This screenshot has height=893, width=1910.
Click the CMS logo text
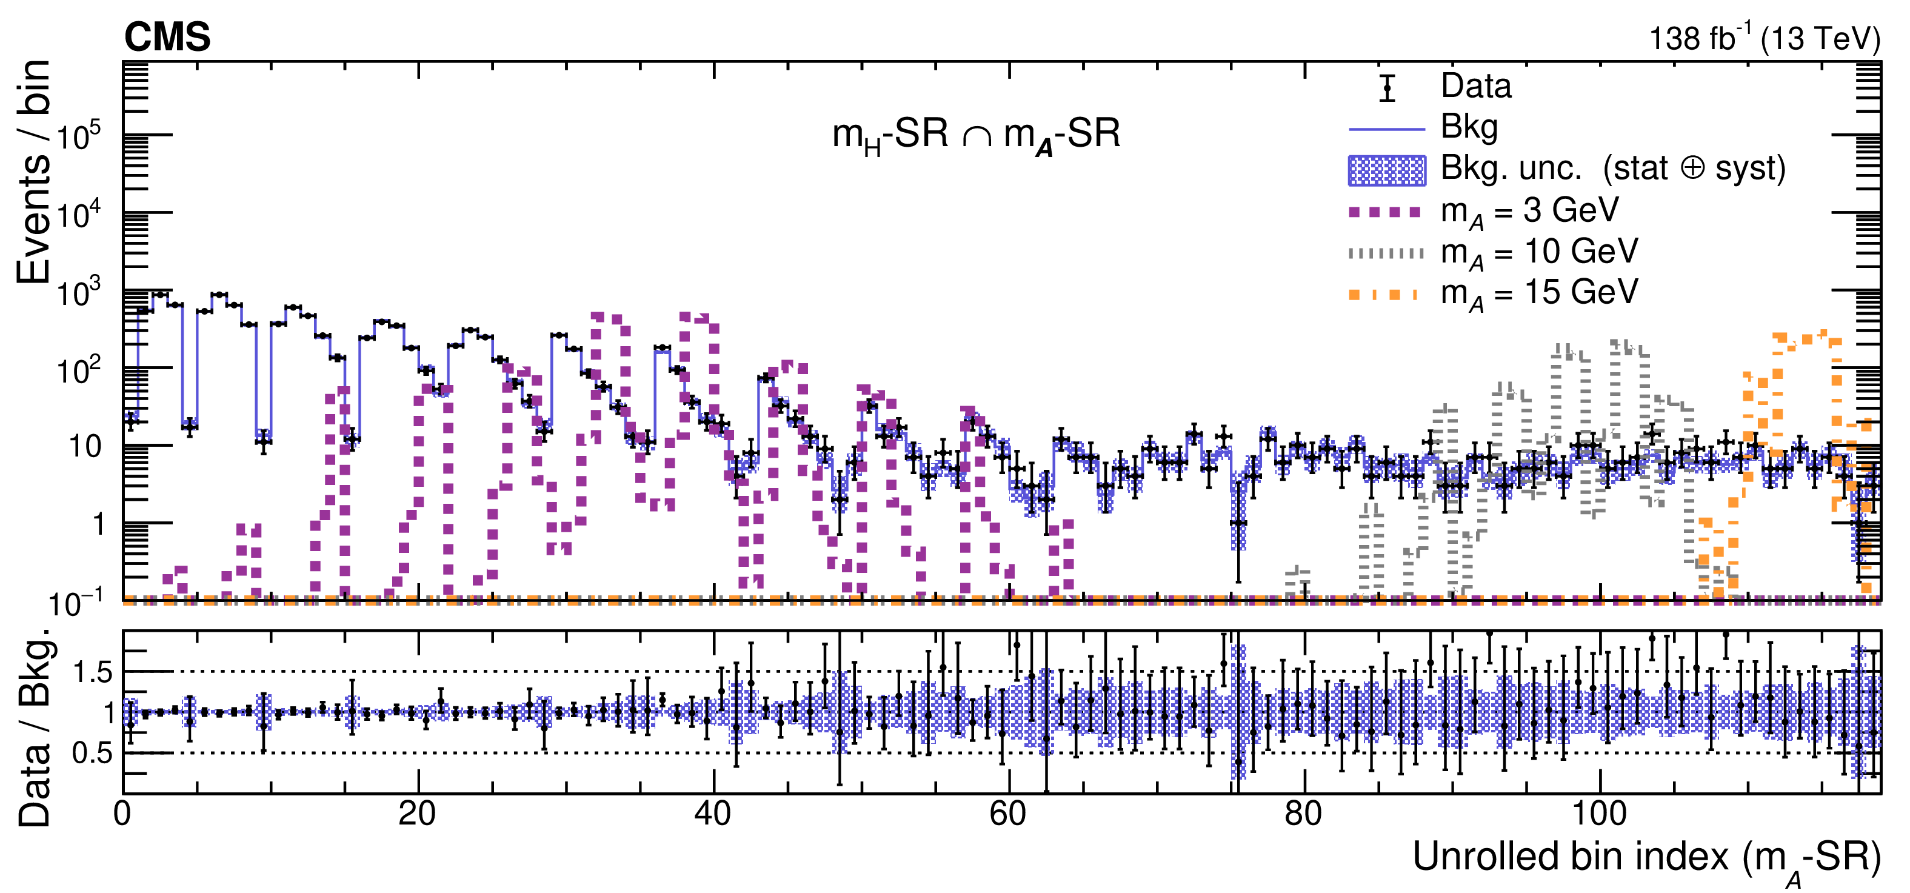pos(167,37)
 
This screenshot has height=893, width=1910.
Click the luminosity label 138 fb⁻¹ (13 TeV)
pos(1764,39)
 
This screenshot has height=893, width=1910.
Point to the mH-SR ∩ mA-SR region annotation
pos(976,136)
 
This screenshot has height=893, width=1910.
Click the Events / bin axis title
pos(34,172)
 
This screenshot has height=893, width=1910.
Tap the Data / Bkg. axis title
pos(34,727)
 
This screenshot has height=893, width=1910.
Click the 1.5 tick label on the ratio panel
pos(92,673)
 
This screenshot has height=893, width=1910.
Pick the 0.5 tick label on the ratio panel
pos(92,754)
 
